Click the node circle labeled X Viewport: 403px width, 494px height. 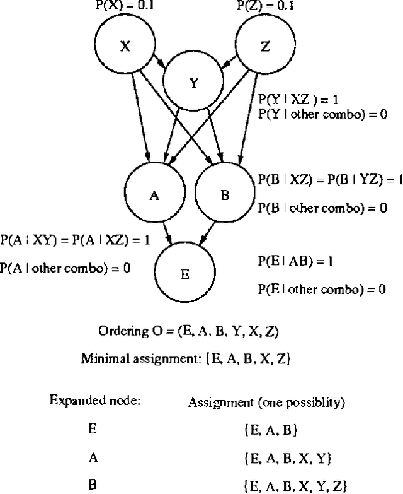click(124, 47)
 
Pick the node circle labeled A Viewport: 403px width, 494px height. click(153, 196)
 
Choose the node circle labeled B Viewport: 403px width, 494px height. click(225, 196)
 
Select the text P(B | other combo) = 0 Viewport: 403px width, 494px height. click(322, 208)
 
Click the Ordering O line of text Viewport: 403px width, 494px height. click(188, 331)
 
